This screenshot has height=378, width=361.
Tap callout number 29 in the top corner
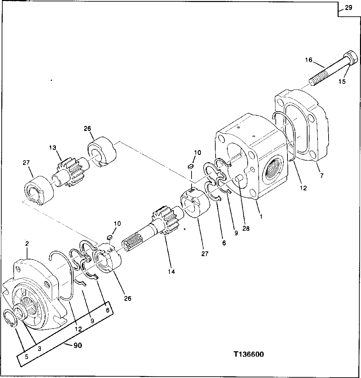click(x=348, y=7)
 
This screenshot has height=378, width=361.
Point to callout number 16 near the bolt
click(x=308, y=60)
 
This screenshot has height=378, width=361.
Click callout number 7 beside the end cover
click(x=322, y=176)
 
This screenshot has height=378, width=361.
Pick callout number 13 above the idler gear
click(x=52, y=148)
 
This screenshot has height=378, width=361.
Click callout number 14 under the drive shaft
click(x=171, y=271)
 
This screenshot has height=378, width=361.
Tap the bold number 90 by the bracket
click(x=78, y=346)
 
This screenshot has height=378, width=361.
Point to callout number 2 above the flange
click(x=27, y=243)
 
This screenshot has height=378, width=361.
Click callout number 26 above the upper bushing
click(x=88, y=129)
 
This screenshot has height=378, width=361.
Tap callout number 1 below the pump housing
click(x=261, y=216)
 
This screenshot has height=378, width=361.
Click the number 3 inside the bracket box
click(x=39, y=349)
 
